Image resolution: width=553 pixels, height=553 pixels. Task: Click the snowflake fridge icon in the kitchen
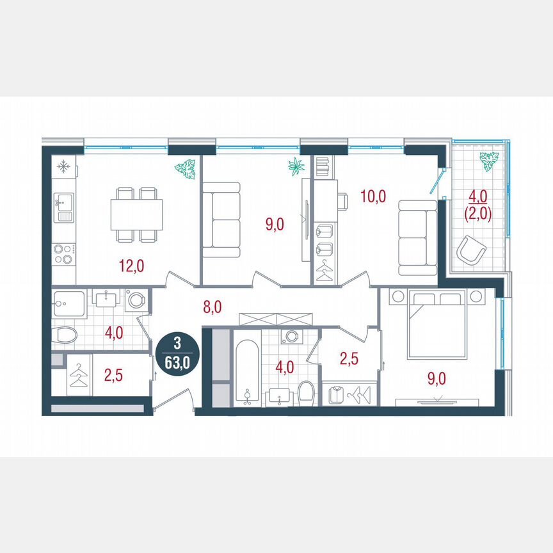point(63,167)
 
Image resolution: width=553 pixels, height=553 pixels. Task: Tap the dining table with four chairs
point(136,215)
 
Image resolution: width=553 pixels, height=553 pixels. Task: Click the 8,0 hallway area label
point(212,307)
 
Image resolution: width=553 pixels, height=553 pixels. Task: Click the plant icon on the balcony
point(489,161)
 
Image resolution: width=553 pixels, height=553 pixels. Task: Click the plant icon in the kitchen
point(185,169)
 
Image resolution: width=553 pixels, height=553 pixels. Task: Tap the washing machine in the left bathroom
point(136,300)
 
